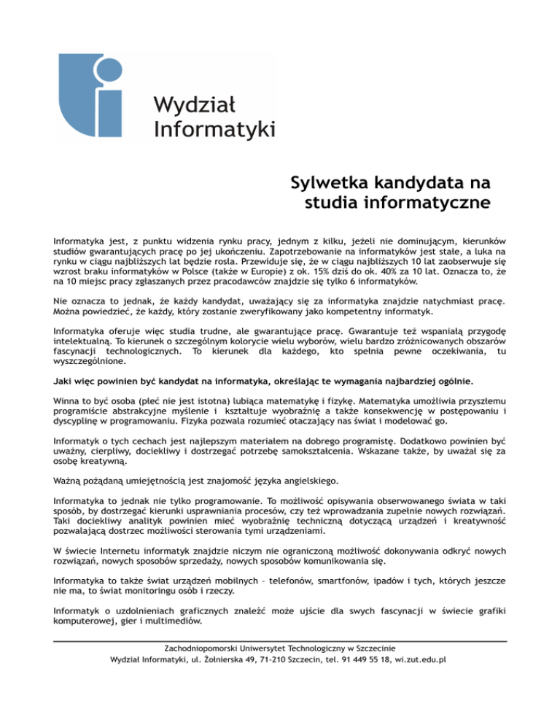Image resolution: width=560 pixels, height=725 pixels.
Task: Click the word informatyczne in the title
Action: click(x=431, y=201)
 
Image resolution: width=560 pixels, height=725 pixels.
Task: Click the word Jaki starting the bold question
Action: click(x=63, y=381)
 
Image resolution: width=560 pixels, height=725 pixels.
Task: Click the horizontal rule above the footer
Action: click(x=280, y=641)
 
